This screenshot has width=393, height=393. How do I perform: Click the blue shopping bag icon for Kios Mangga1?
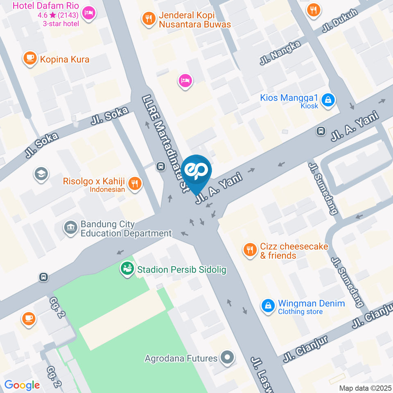point(328,99)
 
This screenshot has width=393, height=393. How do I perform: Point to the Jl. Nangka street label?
point(280,53)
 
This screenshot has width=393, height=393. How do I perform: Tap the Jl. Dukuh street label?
point(340,21)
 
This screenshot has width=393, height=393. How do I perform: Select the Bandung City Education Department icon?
point(71,228)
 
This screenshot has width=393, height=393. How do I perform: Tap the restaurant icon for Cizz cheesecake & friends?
point(249,250)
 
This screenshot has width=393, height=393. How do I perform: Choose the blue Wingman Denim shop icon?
point(268,305)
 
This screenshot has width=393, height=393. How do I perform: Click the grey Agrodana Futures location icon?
point(227,358)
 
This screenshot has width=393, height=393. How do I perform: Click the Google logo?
point(22,385)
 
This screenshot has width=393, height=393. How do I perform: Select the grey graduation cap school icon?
point(41,174)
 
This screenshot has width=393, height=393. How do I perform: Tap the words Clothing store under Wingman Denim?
point(300,312)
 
